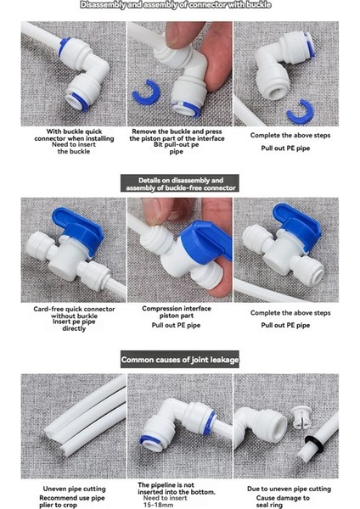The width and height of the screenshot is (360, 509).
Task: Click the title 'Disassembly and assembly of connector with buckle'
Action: point(179,5)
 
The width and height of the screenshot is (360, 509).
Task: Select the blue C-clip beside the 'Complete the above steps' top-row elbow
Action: point(298,111)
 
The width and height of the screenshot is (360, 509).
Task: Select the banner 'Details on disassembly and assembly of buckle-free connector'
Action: point(179,183)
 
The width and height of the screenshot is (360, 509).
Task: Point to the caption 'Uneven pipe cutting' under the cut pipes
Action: point(69,489)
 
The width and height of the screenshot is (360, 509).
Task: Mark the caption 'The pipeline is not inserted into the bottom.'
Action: point(177,488)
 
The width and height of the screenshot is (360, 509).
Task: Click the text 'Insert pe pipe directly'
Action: point(68,327)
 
